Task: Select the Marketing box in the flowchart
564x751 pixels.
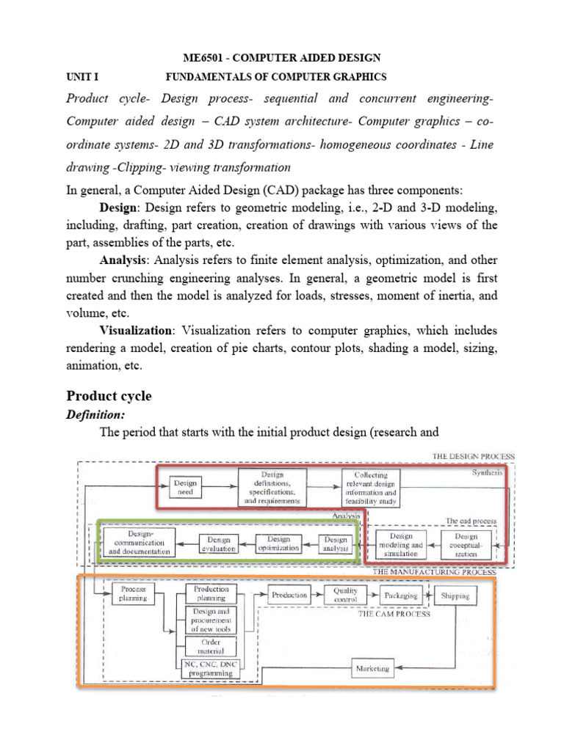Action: click(x=372, y=668)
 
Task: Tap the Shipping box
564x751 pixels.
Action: click(x=455, y=596)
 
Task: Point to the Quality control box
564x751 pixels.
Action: click(x=345, y=594)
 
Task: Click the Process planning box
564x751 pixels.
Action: click(x=134, y=593)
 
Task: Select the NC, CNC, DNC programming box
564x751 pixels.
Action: click(x=210, y=668)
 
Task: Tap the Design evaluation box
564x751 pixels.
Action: click(x=215, y=543)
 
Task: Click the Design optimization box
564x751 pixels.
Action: click(x=278, y=543)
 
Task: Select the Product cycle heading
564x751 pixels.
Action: click(x=109, y=396)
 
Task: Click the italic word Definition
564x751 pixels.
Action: click(x=95, y=415)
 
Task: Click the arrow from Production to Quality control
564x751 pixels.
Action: click(x=319, y=595)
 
